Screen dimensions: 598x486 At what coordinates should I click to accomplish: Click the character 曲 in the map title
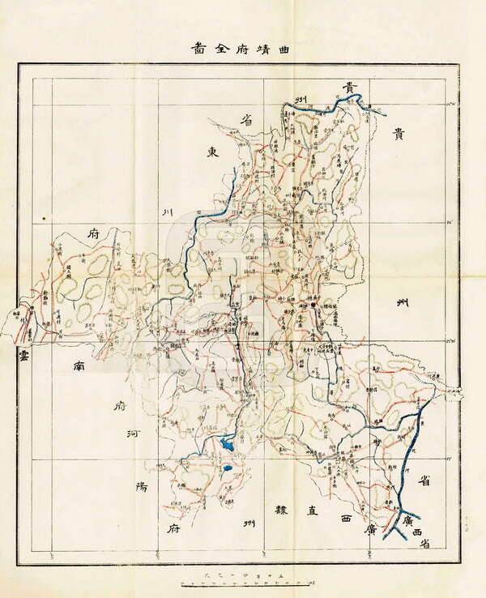click(x=285, y=48)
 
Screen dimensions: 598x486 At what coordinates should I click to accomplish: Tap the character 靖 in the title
click(x=262, y=48)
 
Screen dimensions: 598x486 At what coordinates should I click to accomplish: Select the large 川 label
click(x=168, y=213)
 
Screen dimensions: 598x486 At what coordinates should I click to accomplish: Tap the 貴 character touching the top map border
click(x=349, y=87)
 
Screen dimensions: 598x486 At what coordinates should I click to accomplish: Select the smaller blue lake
click(x=228, y=468)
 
